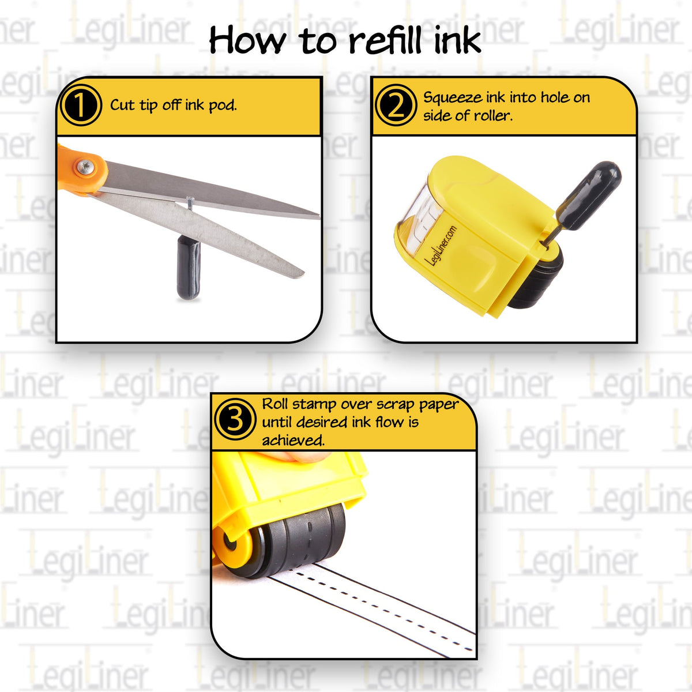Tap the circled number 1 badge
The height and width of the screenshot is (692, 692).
tap(80, 106)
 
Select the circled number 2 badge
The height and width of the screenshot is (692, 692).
tap(395, 106)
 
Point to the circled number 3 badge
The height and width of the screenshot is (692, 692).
tap(234, 419)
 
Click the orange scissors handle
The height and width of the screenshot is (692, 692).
tap(81, 168)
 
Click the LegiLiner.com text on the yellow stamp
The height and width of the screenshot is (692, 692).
tap(441, 245)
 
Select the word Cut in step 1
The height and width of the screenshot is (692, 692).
tap(122, 105)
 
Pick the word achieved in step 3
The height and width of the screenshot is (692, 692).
tap(294, 441)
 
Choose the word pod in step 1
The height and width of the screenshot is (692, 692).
tap(223, 106)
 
